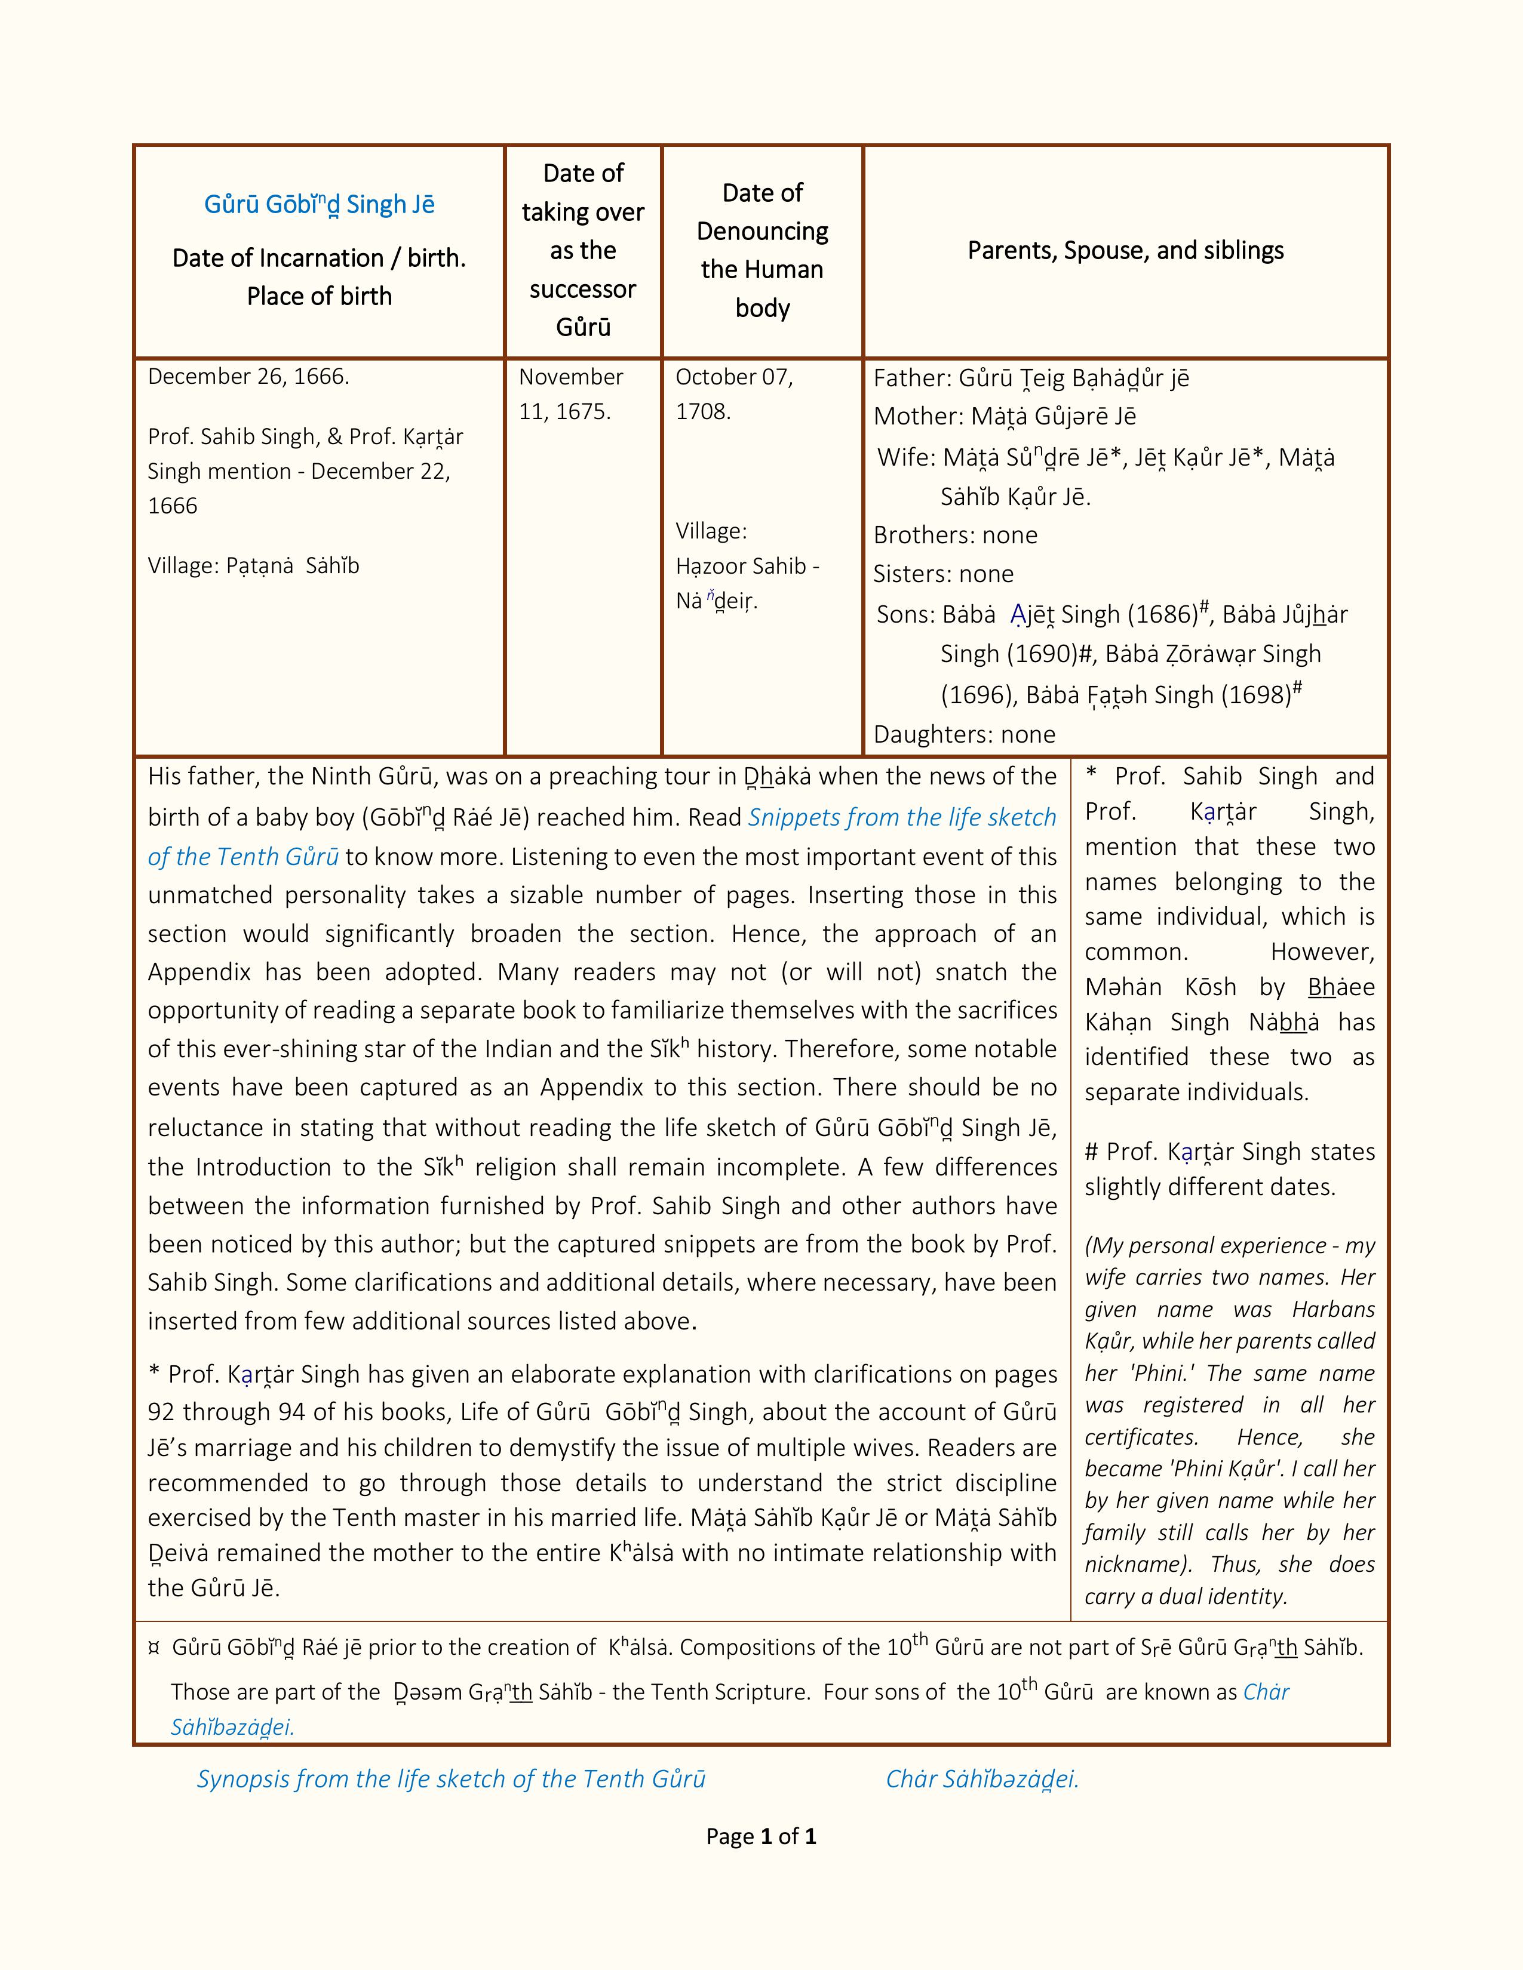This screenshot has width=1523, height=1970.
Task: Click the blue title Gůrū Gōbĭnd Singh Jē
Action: coord(320,205)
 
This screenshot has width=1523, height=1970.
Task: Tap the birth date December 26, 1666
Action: coord(248,376)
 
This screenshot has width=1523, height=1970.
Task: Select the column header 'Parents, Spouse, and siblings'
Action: coord(1125,250)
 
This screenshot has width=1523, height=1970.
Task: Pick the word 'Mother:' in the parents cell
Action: coord(917,416)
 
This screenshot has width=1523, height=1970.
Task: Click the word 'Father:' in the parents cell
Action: coord(911,378)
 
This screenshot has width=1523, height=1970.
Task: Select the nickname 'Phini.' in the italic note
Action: coord(1157,1373)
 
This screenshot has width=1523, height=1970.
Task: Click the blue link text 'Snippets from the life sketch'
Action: coord(902,817)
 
